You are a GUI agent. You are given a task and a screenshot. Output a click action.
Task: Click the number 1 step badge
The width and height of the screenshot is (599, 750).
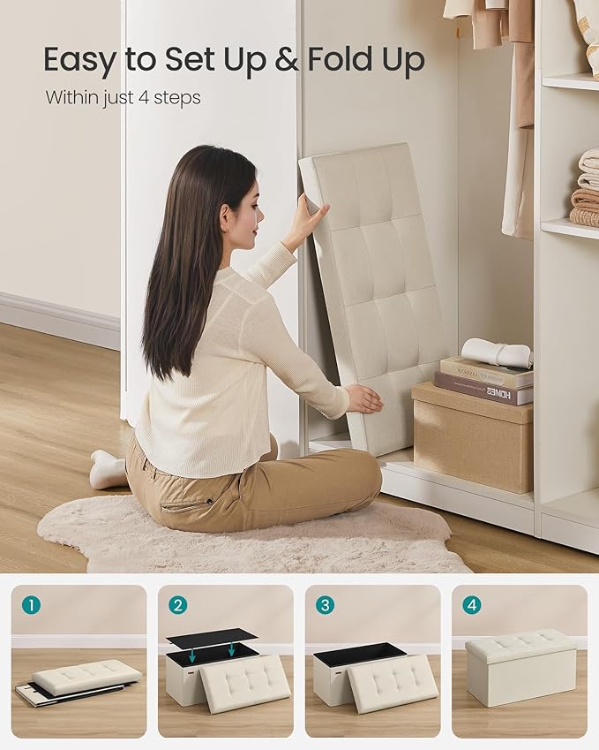click(31, 605)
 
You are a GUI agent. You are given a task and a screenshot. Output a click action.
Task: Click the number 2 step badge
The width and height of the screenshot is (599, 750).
click(178, 605)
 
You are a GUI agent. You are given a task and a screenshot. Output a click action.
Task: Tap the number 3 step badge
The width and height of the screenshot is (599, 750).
click(326, 605)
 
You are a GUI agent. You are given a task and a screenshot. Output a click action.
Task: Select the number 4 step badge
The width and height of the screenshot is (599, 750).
click(472, 605)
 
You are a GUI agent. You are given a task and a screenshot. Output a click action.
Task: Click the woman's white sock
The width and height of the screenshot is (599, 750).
click(108, 471)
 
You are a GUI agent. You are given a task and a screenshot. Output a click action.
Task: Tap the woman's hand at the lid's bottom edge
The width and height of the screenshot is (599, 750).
click(364, 399)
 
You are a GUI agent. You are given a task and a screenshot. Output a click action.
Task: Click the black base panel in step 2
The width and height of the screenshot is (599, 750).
click(211, 636)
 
